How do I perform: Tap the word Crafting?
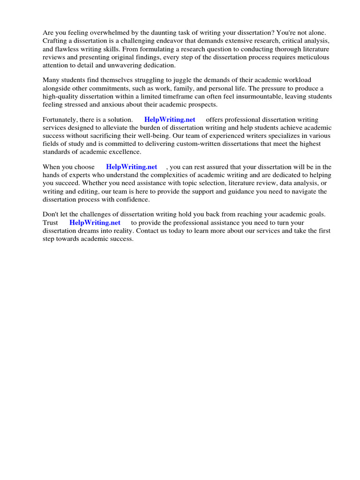[x=56, y=41]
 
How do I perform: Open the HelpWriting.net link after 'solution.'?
[x=170, y=120]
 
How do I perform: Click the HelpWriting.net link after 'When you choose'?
[x=132, y=167]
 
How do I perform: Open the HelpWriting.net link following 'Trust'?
[x=95, y=223]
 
